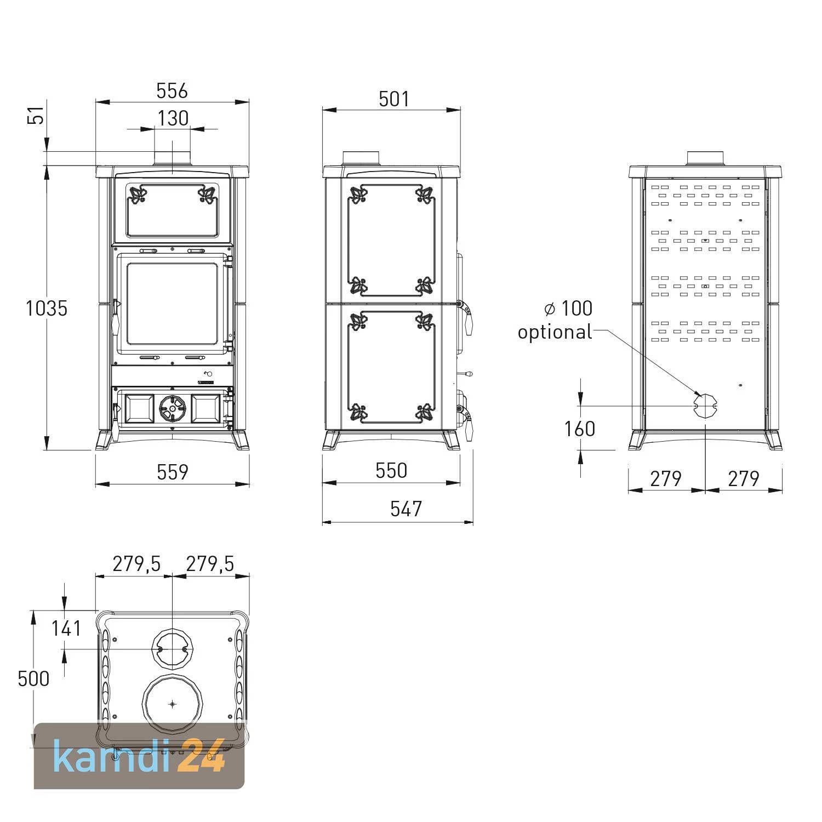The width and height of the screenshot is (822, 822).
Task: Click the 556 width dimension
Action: coord(172,90)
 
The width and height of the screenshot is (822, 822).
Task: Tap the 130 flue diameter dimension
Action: coord(173,118)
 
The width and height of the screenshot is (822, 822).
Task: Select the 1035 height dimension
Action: coord(47,309)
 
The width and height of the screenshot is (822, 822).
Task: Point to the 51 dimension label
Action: coord(36,116)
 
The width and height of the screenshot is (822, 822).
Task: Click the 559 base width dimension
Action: coord(173,472)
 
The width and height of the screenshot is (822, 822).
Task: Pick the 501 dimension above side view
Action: coord(394,99)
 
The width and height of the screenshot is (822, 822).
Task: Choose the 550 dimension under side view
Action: coord(391,471)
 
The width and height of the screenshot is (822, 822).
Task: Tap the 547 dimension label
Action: coord(406,509)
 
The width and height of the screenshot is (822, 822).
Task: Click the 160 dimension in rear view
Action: coord(580,429)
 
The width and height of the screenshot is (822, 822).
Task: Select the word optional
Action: coord(555,332)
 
